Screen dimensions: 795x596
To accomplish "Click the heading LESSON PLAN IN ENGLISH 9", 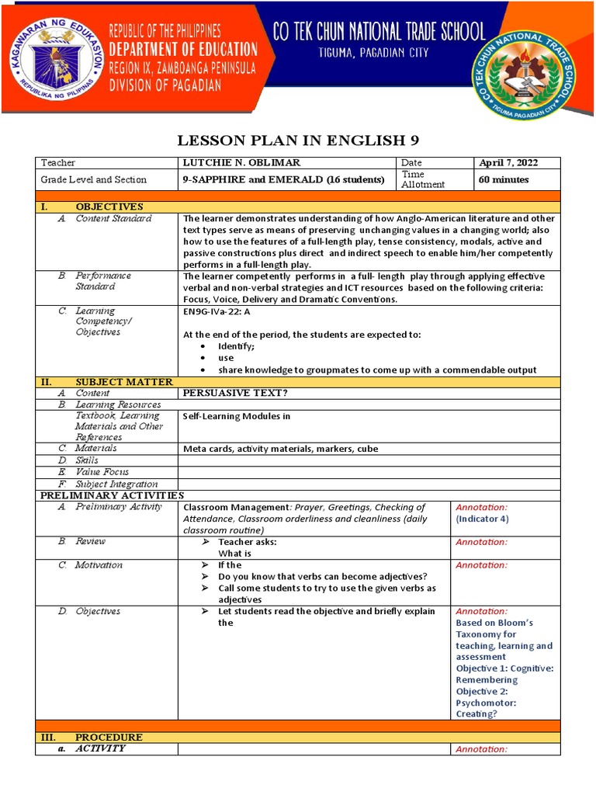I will tap(297, 141).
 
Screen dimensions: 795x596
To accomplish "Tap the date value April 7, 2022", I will tap(508, 163).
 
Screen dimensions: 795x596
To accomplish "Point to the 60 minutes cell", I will tap(504, 179).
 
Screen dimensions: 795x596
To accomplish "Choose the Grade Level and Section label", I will tap(94, 179).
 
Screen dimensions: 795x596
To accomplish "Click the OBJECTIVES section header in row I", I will tap(109, 207).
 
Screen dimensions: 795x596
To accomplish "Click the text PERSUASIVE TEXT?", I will tap(230, 394).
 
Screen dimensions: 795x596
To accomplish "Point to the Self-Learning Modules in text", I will tap(236, 416).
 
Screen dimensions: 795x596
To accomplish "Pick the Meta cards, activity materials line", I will tap(271, 449).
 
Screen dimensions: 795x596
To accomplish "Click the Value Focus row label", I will tap(102, 472).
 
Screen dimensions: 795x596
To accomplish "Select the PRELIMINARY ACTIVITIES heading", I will tap(112, 495).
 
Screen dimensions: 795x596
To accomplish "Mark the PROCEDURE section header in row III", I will tap(109, 737).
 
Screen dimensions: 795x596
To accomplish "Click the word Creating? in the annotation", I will tap(476, 714).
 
